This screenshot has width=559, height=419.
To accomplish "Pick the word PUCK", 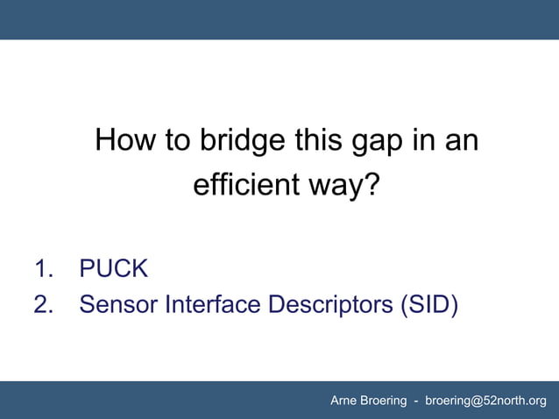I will (x=114, y=268).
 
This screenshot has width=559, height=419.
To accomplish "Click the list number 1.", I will (x=44, y=268).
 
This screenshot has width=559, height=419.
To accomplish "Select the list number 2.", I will (x=44, y=305).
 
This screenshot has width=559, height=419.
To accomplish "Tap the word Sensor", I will (x=119, y=305).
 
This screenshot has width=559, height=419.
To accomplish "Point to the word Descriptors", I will (x=330, y=305).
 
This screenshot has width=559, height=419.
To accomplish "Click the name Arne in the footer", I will (x=344, y=401).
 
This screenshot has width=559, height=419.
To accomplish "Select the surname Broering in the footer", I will (x=384, y=401).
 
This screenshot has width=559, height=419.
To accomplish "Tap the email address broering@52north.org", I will (x=485, y=401).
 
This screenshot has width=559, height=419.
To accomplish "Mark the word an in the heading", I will (x=464, y=140).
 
